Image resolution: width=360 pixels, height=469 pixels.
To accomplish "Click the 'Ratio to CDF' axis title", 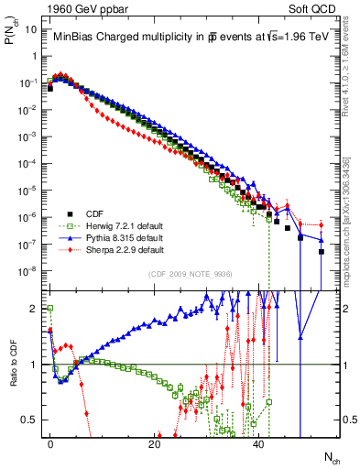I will coord(12,365).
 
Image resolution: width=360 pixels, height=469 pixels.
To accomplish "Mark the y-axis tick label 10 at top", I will coord(32,29).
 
